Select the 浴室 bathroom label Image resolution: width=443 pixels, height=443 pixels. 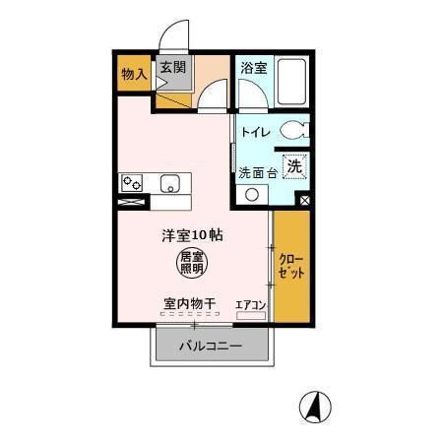tap(253, 68)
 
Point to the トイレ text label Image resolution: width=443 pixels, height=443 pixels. tap(257, 131)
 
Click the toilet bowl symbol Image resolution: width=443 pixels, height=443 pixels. tap(292, 130)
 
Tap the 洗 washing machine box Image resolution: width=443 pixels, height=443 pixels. tap(293, 167)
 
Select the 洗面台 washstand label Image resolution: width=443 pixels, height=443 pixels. tap(258, 172)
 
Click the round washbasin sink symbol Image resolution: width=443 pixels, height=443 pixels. tap(253, 194)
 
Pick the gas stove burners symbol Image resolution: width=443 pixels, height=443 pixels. tap(131, 182)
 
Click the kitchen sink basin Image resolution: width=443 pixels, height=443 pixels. tap(168, 183)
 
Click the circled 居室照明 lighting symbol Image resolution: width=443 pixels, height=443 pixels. tap(192, 261)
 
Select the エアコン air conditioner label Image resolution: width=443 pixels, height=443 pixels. tap(251, 304)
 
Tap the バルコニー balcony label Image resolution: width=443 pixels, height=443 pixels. tap(211, 346)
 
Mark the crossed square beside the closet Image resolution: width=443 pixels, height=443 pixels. tap(303, 201)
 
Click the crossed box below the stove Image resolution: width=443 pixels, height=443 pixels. tap(132, 203)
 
